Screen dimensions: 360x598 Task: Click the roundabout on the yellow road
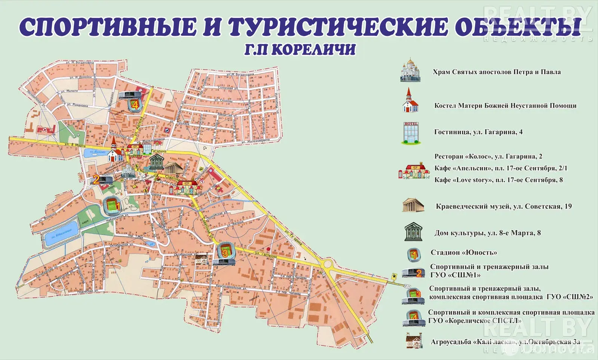(x=328, y=265)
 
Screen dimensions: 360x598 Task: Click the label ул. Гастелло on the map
(x=266, y=255)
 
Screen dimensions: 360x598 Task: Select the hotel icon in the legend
(x=411, y=133)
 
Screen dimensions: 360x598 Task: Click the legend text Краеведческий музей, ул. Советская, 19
(x=503, y=206)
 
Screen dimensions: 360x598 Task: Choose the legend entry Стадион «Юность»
(x=463, y=252)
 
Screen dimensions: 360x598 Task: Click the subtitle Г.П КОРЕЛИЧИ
(x=299, y=50)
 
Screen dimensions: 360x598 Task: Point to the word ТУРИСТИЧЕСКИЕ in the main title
(x=337, y=27)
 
